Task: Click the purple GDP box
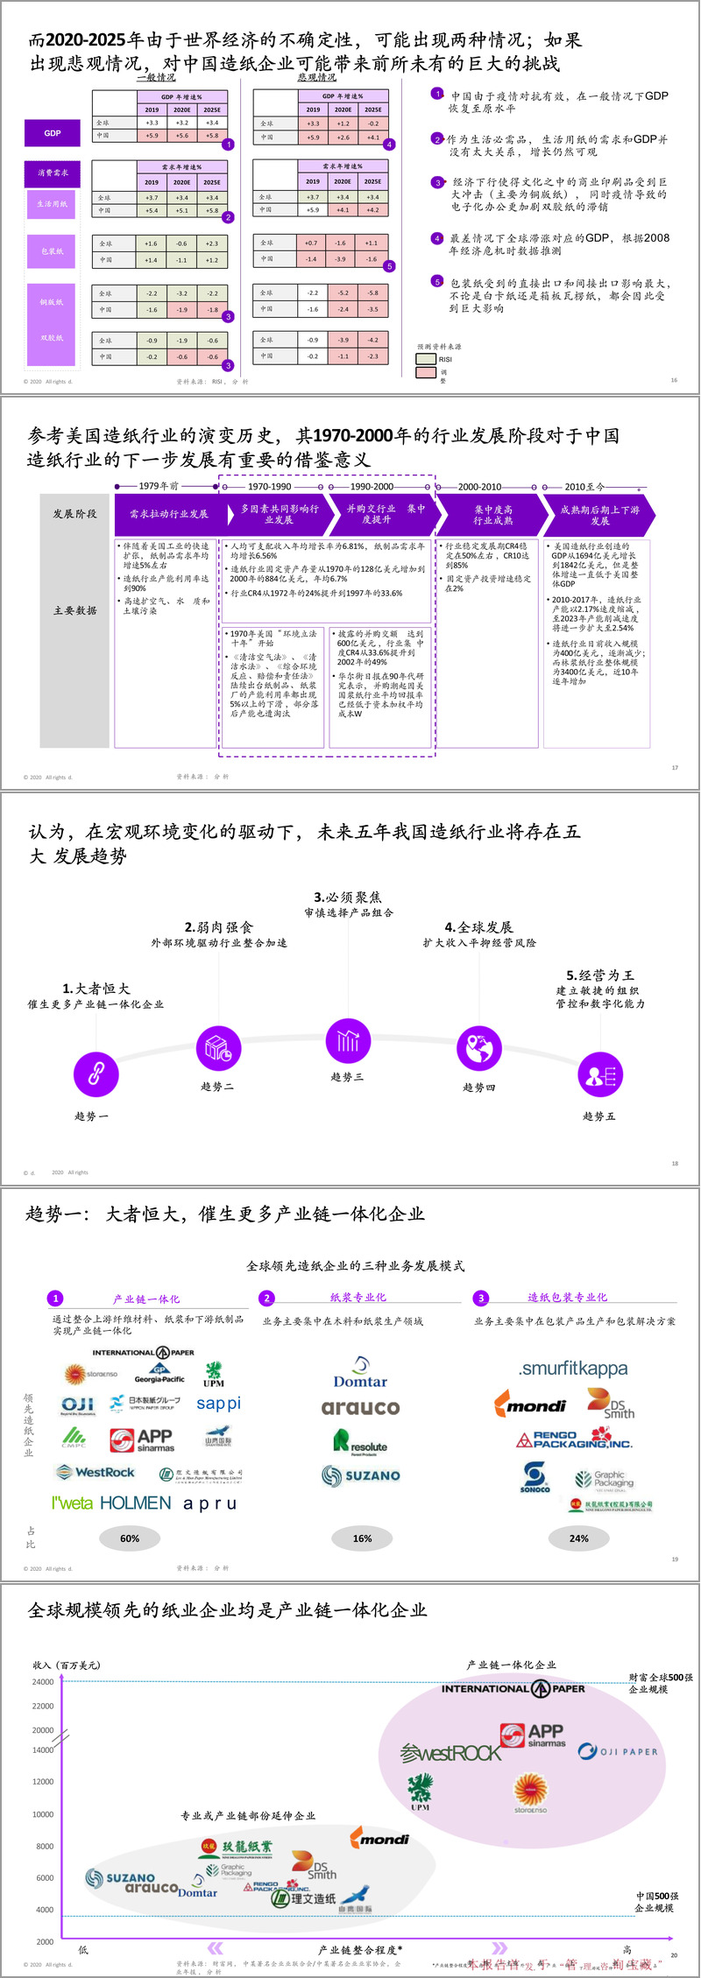click(53, 133)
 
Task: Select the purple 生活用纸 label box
click(52, 204)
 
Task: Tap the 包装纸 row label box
click(52, 251)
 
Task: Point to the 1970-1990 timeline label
click(269, 486)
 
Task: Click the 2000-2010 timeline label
click(479, 486)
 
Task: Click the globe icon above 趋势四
click(478, 1048)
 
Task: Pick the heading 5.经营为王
click(600, 975)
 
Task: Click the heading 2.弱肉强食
click(218, 927)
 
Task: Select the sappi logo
click(218, 1404)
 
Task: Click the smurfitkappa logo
click(573, 1369)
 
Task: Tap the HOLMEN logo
click(136, 1503)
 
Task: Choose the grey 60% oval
click(130, 1538)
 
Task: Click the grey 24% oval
click(578, 1538)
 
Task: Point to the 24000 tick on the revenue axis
click(43, 1682)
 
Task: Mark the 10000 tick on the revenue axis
click(43, 1814)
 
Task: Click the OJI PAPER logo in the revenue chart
click(618, 1751)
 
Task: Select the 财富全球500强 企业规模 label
click(660, 1683)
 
